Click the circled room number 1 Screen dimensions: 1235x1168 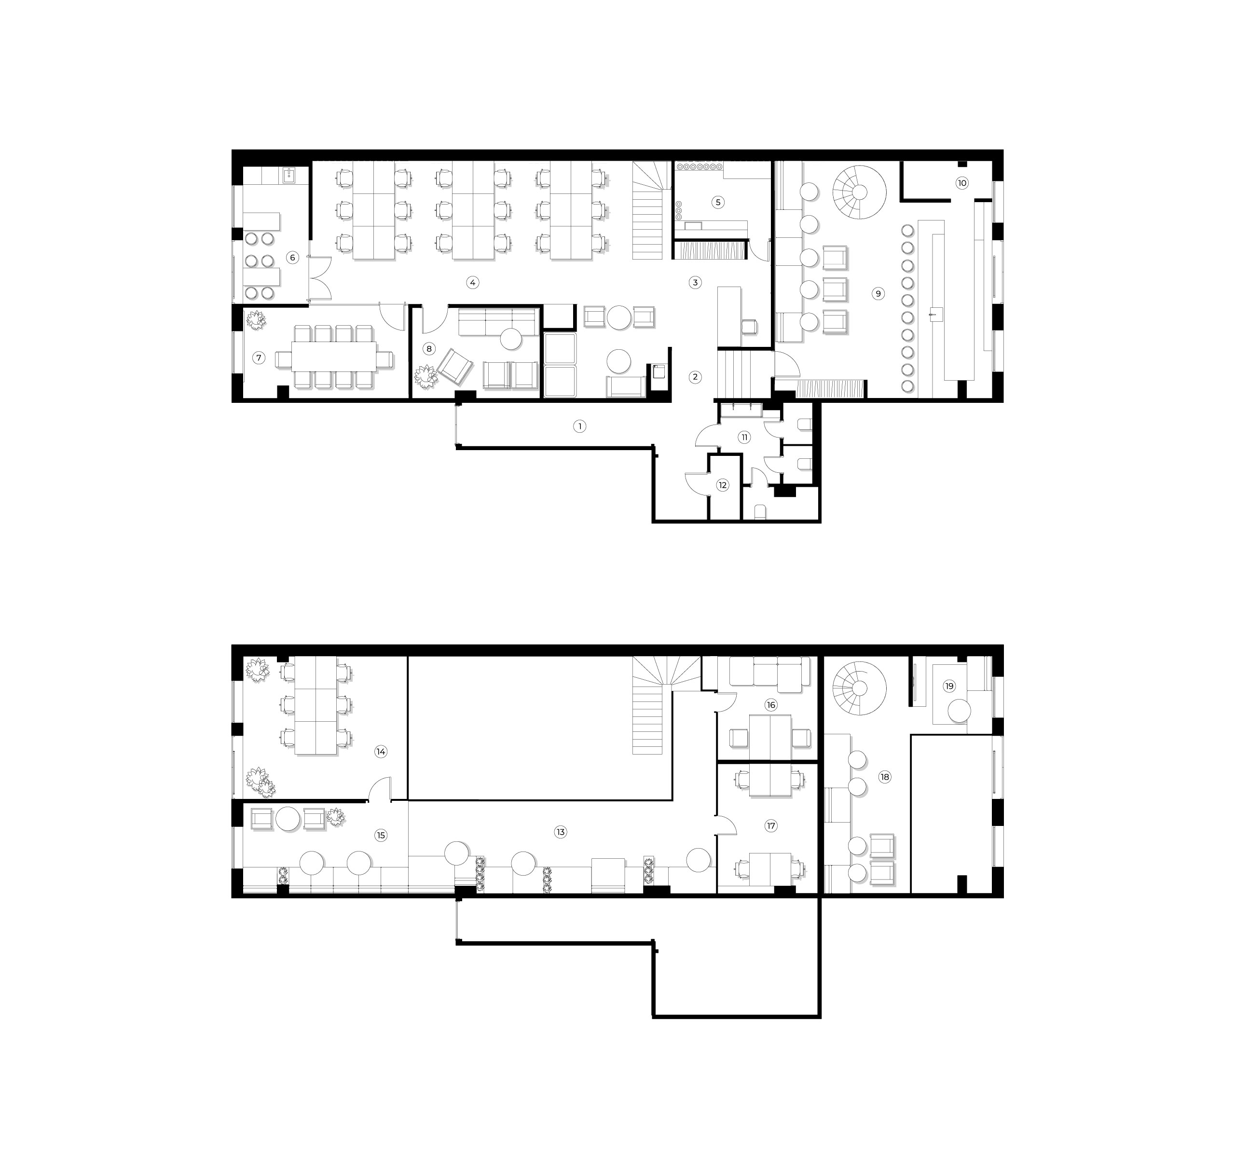[579, 426]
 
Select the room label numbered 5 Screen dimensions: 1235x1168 [718, 202]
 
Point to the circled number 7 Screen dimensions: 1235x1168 [259, 358]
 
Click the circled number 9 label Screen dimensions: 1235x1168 [878, 293]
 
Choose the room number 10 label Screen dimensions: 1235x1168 [962, 183]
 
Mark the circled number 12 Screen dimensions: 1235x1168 [722, 485]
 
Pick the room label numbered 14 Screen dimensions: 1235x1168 [380, 752]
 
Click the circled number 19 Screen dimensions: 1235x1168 [948, 686]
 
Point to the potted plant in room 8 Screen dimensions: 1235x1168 [425, 376]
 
